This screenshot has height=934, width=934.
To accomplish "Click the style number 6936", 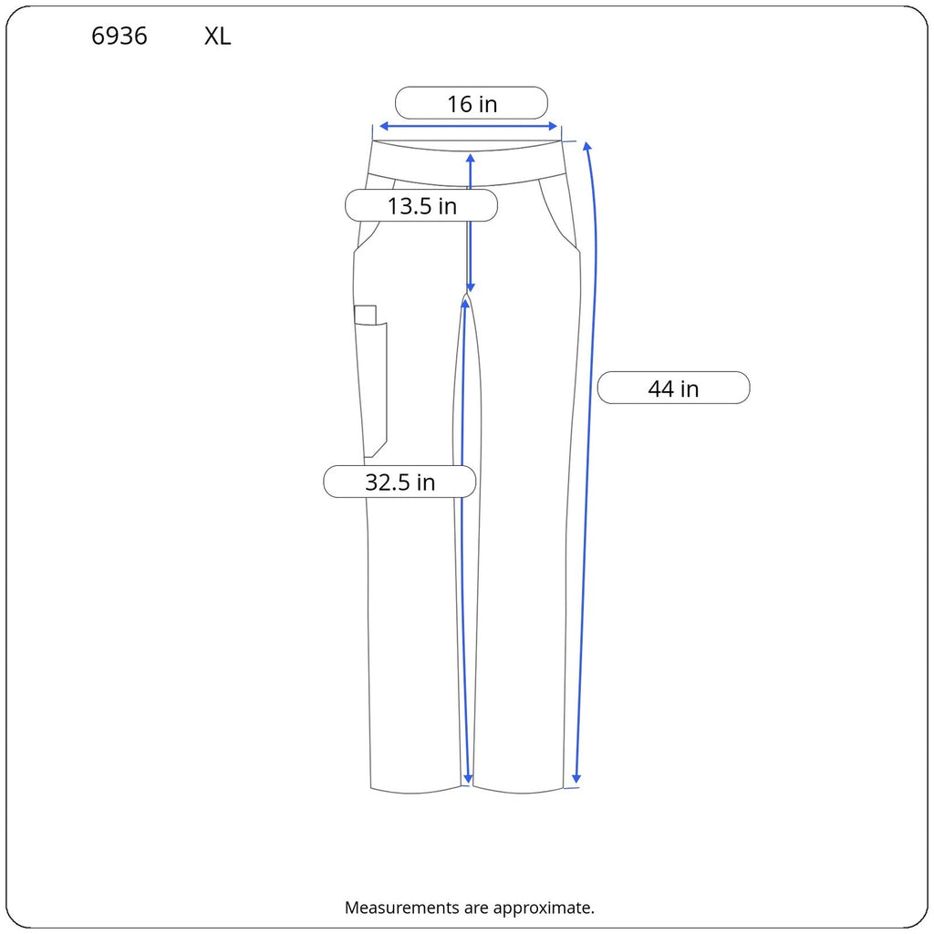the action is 119,36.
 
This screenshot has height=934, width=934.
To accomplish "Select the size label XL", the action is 217,36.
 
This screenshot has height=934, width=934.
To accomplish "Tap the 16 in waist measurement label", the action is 472,104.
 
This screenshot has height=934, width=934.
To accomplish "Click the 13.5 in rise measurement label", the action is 421,206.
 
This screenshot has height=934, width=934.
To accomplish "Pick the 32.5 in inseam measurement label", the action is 400,482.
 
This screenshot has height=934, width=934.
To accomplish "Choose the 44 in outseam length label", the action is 673,389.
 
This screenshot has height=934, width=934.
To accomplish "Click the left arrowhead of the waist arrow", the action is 384,126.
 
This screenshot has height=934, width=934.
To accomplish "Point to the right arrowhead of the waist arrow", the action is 553,126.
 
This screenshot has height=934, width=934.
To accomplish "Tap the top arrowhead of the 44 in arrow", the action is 586,147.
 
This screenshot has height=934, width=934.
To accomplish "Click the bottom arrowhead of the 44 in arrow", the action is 576,778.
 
